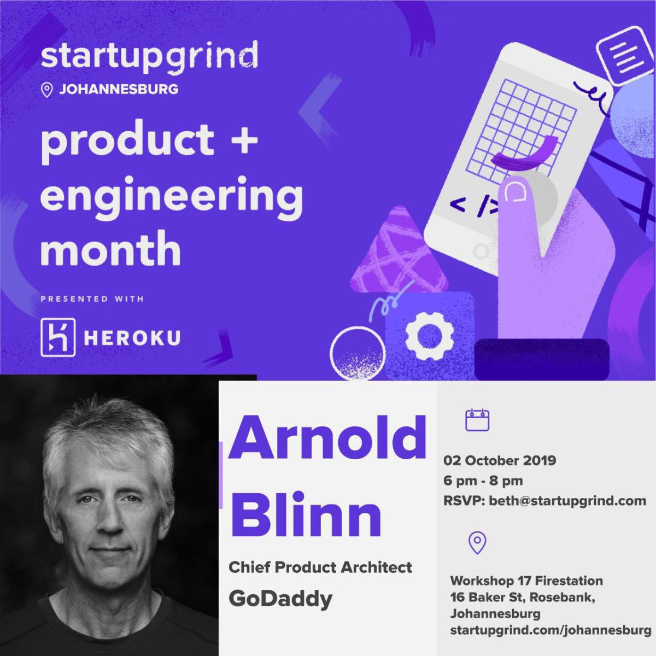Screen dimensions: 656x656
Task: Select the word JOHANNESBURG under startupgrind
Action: tap(118, 89)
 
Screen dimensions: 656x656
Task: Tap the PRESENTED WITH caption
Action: tap(92, 299)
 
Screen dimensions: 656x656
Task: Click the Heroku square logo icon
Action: tap(57, 338)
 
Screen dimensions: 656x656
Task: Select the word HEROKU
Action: tap(132, 338)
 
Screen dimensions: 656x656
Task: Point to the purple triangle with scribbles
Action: tap(399, 251)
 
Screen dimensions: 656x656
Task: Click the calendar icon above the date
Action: tap(477, 420)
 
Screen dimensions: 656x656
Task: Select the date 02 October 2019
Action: tap(499, 460)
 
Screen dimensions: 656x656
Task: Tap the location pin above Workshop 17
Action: tap(477, 542)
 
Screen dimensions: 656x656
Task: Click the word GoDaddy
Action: tap(280, 599)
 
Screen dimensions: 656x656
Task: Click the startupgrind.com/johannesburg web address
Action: tap(550, 630)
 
